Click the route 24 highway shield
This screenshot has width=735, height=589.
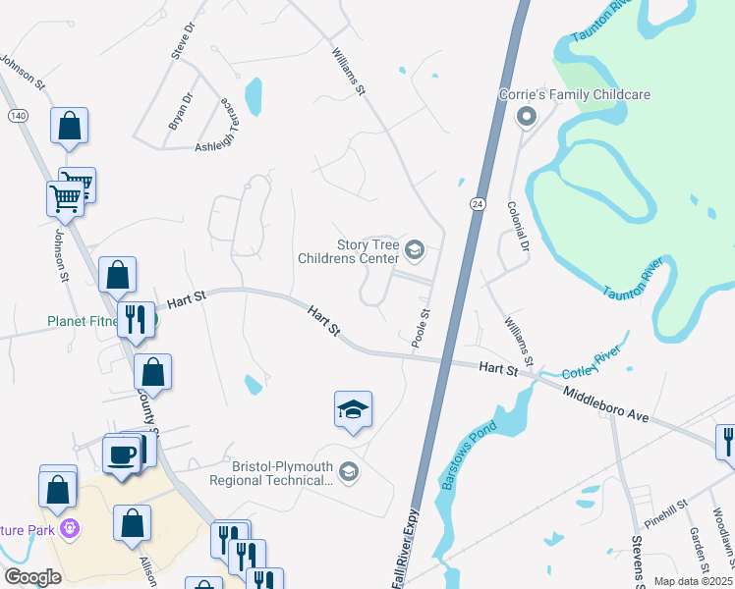click(x=477, y=203)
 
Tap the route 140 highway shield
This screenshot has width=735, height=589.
click(x=17, y=116)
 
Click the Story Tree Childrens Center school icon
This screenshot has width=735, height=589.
click(x=414, y=250)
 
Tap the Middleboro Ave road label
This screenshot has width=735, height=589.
click(x=606, y=404)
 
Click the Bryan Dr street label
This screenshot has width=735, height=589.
click(x=182, y=112)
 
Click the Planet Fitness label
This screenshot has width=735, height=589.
click(x=83, y=321)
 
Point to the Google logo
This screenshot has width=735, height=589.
click(x=33, y=576)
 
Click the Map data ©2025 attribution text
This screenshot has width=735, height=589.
click(x=692, y=581)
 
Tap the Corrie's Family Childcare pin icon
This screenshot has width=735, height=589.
click(x=526, y=118)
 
